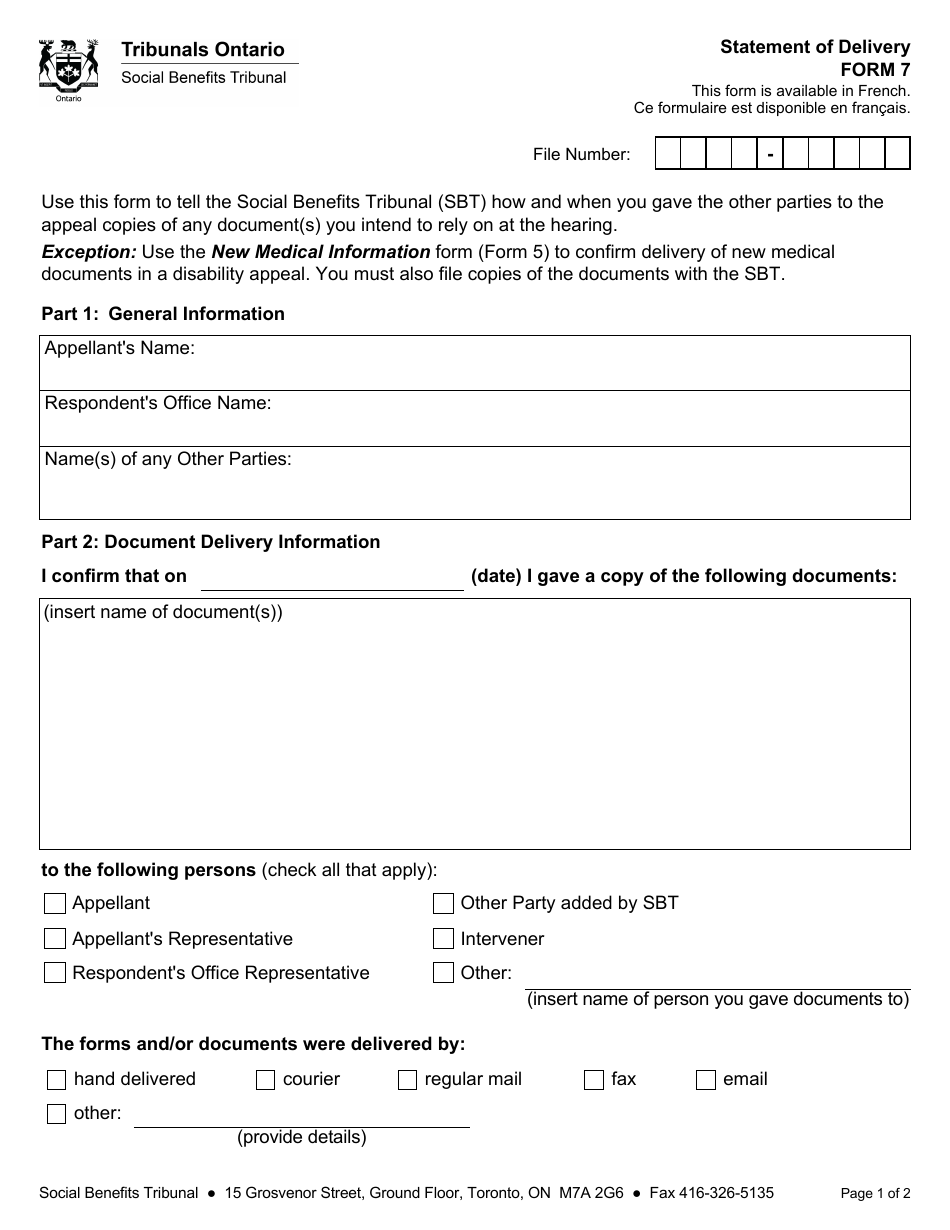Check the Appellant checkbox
coord(55,904)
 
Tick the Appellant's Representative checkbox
coord(55,939)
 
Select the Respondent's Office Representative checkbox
coord(55,973)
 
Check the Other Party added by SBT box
coord(443,904)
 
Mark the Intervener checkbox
coord(443,939)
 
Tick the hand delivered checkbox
coord(57,1080)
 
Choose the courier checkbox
coord(265,1080)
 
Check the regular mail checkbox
coord(407,1080)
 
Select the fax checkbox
coord(594,1080)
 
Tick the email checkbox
coord(706,1080)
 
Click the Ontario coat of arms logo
coord(68,70)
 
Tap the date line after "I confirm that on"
coord(332,578)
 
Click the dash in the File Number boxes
coord(770,155)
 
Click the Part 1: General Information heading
coord(163,314)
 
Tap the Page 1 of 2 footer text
coord(875,1193)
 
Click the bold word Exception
coord(88,252)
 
